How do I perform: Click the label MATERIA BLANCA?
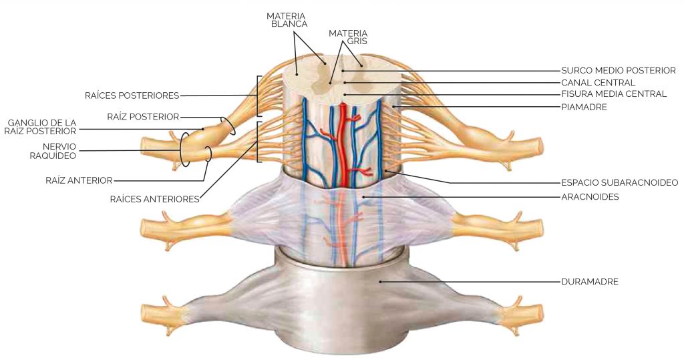(287, 19)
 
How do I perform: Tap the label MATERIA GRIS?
(348, 37)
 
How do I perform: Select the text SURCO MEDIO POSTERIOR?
(618, 70)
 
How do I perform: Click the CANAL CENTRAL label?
(598, 82)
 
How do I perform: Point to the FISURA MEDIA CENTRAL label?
(614, 94)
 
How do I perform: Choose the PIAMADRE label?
(584, 107)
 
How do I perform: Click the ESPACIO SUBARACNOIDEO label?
(619, 182)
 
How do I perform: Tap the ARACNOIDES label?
(590, 197)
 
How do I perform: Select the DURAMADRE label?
(589, 282)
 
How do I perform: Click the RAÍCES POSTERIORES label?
(132, 96)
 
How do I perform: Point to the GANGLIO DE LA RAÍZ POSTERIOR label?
(42, 126)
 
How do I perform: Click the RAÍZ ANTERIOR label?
(79, 180)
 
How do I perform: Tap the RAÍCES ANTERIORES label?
(154, 200)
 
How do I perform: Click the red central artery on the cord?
(343, 144)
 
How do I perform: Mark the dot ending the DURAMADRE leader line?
(380, 282)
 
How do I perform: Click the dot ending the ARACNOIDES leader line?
(363, 197)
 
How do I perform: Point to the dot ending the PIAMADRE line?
(393, 107)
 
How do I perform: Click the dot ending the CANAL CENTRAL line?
(345, 82)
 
